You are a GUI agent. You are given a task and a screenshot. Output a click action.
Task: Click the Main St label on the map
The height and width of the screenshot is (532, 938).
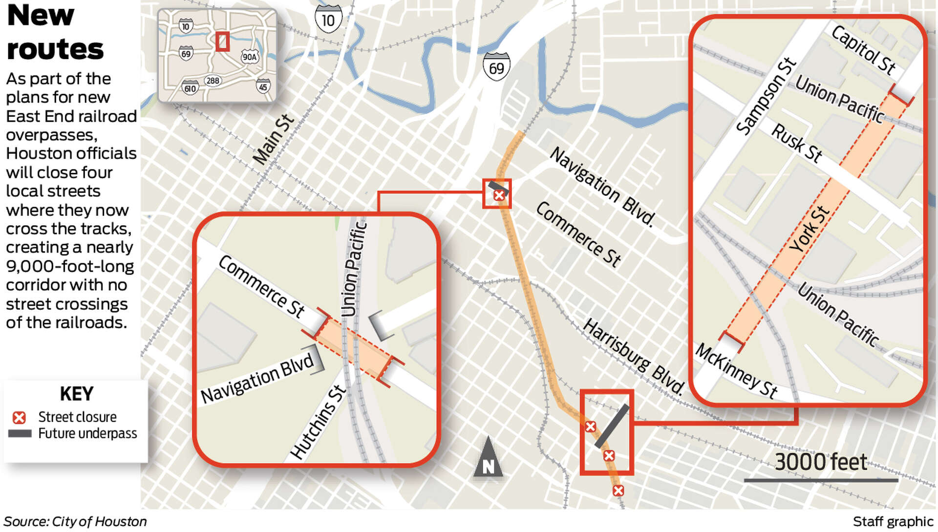(274, 140)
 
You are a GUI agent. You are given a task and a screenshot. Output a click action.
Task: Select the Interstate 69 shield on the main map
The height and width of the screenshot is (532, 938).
(496, 66)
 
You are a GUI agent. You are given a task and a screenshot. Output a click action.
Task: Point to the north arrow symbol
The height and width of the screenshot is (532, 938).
(488, 458)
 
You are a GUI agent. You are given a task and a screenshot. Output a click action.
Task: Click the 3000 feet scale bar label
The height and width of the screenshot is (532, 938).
(821, 462)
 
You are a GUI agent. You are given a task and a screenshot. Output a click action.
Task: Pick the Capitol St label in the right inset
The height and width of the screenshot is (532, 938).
(864, 50)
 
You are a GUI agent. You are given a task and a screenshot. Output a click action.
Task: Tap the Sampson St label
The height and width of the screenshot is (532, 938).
(766, 96)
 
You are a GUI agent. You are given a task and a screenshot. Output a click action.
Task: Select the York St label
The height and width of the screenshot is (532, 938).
(810, 230)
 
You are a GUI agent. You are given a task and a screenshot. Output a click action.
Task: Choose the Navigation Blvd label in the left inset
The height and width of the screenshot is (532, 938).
(257, 378)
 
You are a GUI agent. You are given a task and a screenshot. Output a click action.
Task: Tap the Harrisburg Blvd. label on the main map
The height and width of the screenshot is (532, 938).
(634, 356)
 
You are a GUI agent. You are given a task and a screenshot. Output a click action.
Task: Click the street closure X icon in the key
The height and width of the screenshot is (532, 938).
(19, 418)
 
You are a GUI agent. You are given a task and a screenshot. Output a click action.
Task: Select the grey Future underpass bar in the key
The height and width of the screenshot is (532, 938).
(20, 433)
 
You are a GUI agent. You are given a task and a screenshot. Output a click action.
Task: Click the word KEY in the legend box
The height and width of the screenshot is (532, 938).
(76, 394)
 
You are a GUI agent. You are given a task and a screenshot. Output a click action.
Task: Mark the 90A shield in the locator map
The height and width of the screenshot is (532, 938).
(249, 57)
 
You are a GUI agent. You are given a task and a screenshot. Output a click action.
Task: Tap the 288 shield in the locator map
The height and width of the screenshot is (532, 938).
(213, 81)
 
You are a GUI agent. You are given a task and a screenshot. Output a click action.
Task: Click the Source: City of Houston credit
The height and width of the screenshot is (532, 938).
(75, 522)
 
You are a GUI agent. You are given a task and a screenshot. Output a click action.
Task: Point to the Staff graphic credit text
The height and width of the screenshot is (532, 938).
(893, 522)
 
